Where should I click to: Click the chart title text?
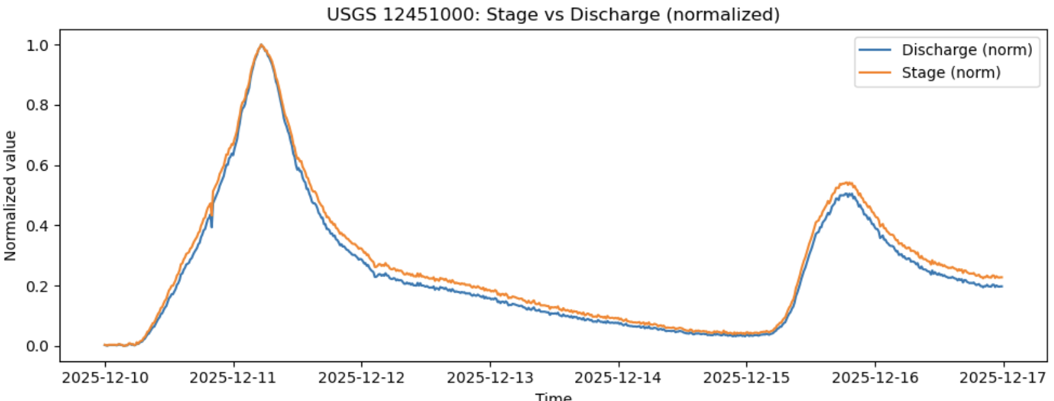click(x=553, y=14)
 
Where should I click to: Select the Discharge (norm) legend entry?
click(x=966, y=50)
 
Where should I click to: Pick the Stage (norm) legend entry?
click(x=951, y=73)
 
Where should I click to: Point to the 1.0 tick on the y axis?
click(x=38, y=45)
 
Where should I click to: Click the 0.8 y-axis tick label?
click(x=38, y=105)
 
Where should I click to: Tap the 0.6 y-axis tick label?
click(x=38, y=165)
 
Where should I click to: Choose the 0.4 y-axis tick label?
click(x=38, y=226)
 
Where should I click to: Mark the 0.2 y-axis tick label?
click(x=38, y=286)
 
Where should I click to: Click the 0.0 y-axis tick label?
click(x=38, y=346)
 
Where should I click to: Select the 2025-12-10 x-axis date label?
click(x=105, y=378)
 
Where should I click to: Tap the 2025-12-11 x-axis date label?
click(x=233, y=378)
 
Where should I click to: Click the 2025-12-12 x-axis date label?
click(x=362, y=378)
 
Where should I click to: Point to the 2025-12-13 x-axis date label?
click(x=490, y=378)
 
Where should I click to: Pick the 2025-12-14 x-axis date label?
click(x=618, y=378)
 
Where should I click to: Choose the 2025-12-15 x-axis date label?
click(x=746, y=378)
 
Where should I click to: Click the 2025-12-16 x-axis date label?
click(x=875, y=378)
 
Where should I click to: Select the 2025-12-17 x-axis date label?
click(x=1003, y=378)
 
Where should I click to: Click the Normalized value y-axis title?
click(x=10, y=195)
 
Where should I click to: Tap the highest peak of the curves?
click(x=261, y=45)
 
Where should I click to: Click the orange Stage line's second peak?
click(x=847, y=182)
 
